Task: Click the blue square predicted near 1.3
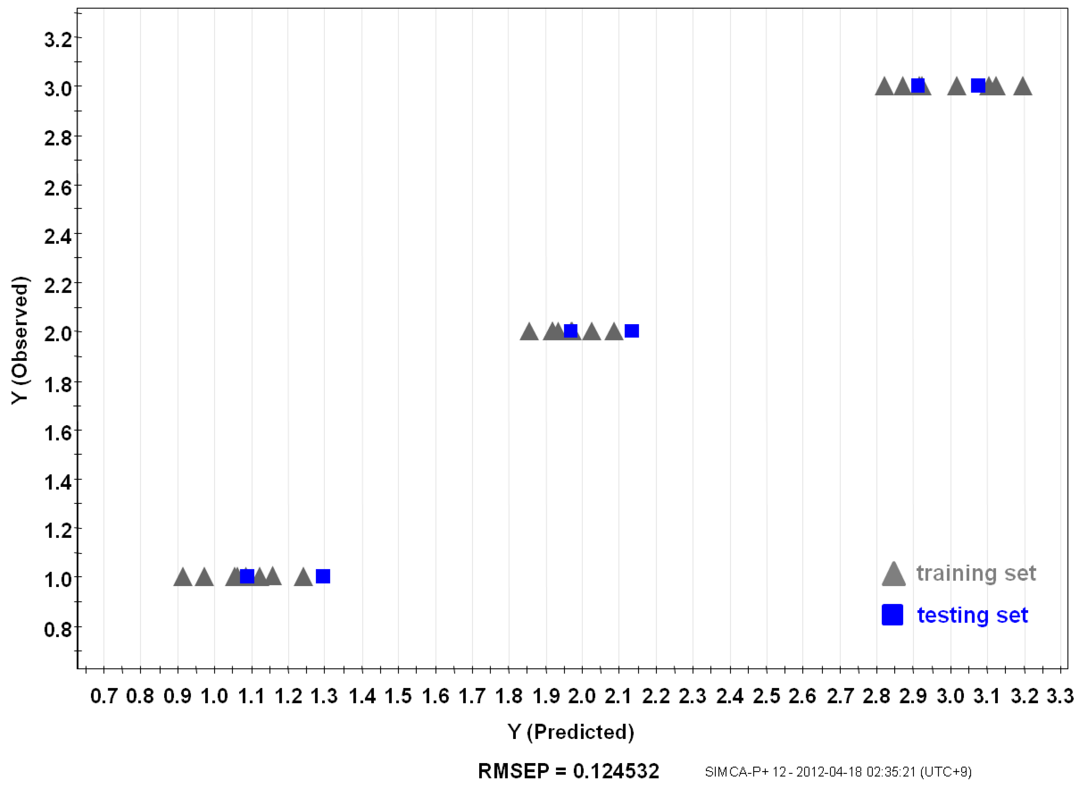pyautogui.click(x=323, y=576)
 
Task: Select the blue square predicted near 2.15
pyautogui.click(x=632, y=331)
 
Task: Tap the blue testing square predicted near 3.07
pyautogui.click(x=978, y=85)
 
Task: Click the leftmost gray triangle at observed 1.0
pyautogui.click(x=183, y=578)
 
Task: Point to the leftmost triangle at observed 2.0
pyautogui.click(x=529, y=332)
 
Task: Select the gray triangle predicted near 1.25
pyautogui.click(x=303, y=578)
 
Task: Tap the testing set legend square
pyautogui.click(x=892, y=615)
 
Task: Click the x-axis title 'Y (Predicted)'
pyautogui.click(x=571, y=732)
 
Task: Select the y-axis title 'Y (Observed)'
pyautogui.click(x=20, y=340)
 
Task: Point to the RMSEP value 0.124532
pyautogui.click(x=616, y=771)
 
